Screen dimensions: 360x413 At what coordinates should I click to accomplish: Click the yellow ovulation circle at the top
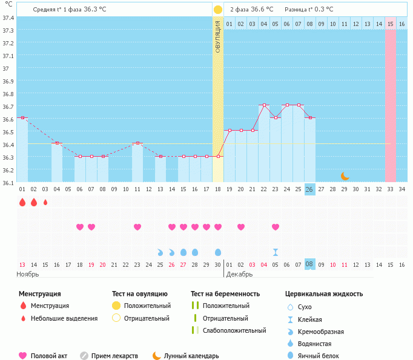coord(218,10)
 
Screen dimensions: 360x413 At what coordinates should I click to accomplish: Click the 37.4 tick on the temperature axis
coord(8,18)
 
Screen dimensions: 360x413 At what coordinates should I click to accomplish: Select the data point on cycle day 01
coord(22,118)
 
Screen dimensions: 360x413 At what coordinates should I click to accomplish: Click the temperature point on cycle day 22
coord(264,105)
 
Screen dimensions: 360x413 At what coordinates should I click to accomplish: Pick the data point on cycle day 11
coord(137,143)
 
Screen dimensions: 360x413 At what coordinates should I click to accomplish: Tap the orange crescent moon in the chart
coord(345,176)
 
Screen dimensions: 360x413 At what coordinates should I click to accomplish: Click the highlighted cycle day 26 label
coord(309,189)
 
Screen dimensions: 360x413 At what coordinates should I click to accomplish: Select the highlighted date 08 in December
coord(309,264)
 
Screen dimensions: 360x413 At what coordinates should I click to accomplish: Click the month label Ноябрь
coord(28,274)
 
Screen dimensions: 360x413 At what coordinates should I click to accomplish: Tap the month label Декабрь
coord(239,274)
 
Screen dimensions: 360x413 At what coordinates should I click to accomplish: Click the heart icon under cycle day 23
coord(276,227)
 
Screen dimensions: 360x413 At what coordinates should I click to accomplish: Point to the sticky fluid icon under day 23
coord(276,252)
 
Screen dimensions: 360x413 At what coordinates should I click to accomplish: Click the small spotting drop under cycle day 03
coord(45,202)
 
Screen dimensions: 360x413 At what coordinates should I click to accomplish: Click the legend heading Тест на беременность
coord(225,293)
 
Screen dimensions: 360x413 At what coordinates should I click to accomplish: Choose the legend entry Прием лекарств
coord(114,356)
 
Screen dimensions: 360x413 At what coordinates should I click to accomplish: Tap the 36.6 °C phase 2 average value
coord(262,9)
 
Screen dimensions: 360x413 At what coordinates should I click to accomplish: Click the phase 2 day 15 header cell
coord(391,24)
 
